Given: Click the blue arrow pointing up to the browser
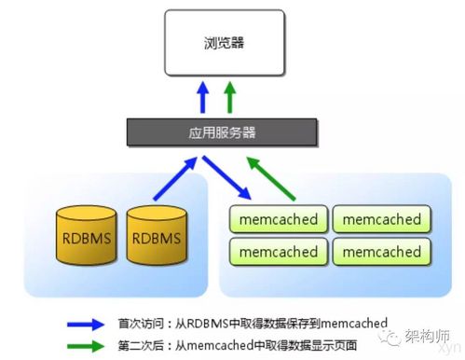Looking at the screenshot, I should pos(205,98).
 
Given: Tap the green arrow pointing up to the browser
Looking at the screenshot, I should pos(230,98).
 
